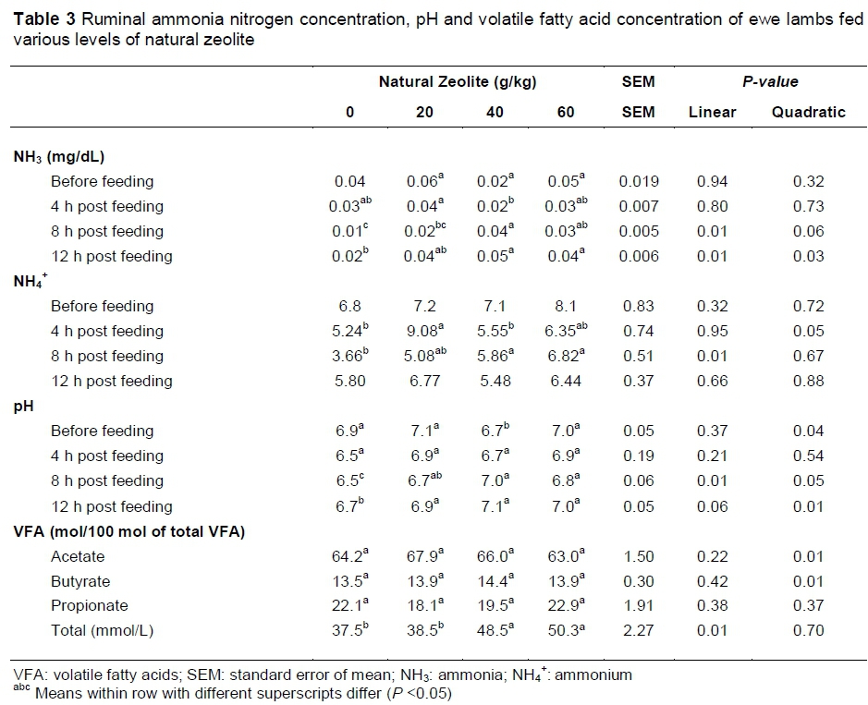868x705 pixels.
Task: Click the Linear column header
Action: point(712,112)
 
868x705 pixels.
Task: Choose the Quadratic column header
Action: point(808,112)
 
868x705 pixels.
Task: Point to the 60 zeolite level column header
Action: point(566,112)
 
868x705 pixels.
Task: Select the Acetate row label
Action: point(78,556)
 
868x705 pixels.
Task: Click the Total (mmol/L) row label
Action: point(101,631)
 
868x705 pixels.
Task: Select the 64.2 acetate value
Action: point(345,556)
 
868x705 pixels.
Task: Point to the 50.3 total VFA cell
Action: point(561,631)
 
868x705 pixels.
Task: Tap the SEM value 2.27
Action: point(637,631)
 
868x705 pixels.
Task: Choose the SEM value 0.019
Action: point(637,182)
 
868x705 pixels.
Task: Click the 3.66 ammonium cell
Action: point(345,356)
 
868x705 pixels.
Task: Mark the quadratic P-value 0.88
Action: point(808,381)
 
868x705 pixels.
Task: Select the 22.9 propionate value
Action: point(561,606)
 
